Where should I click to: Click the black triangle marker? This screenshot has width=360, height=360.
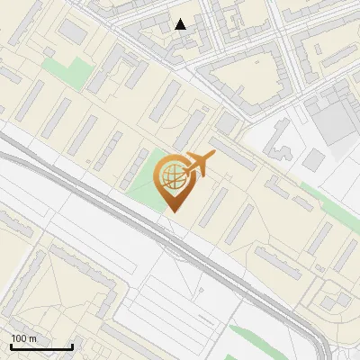181,24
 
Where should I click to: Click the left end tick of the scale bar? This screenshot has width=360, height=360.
11,346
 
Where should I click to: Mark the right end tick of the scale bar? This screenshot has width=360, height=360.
72,346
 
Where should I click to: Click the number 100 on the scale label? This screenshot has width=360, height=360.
19,338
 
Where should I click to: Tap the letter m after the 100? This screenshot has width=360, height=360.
32,338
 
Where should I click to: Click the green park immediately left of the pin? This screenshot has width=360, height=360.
142,180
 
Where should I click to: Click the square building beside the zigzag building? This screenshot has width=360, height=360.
312,160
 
